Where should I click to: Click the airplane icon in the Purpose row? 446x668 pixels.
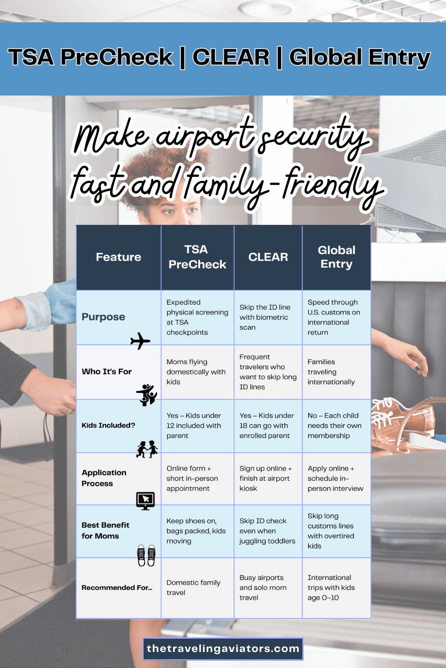(140, 341)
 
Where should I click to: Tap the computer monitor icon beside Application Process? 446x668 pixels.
(145, 501)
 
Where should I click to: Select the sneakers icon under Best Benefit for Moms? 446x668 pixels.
(146, 555)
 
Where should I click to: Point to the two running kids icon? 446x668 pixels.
(147, 449)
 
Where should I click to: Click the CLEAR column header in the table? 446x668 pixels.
(268, 257)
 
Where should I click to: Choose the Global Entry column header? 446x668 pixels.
(336, 257)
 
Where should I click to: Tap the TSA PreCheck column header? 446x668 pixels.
(197, 257)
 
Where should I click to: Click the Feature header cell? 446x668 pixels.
(118, 257)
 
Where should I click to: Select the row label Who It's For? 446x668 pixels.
(107, 371)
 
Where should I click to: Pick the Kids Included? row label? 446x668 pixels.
(108, 425)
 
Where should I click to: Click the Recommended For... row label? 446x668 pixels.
(117, 587)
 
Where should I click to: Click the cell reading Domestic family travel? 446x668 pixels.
(194, 587)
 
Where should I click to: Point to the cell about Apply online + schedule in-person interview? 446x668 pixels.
(335, 478)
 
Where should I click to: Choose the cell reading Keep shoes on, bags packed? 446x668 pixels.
(196, 531)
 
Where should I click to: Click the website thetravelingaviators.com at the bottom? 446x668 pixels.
(223, 648)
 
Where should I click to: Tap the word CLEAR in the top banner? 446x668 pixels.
(231, 57)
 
